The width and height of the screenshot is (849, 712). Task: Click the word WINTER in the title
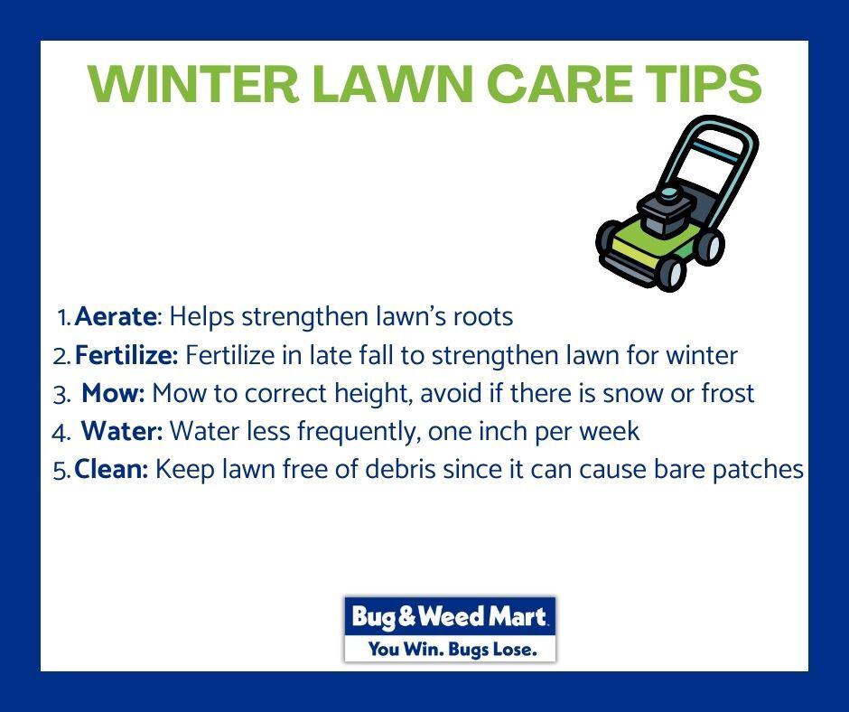coord(193,83)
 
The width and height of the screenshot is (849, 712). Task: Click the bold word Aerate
coord(116,316)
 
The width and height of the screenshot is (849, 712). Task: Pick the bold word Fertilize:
coord(126,355)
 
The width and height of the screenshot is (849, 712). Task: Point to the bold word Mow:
coord(113,393)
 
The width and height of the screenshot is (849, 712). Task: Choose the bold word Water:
coord(122,431)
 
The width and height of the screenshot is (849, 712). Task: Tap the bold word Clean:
coord(111,469)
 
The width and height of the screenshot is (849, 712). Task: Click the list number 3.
coord(61,395)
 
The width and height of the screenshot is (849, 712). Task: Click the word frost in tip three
coord(728,393)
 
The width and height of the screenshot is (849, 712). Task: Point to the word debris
coord(400,469)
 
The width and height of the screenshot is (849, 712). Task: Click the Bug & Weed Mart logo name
coord(450,616)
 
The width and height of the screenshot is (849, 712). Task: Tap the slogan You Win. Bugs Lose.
coord(452,648)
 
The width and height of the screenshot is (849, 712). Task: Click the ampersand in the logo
coord(406,616)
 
